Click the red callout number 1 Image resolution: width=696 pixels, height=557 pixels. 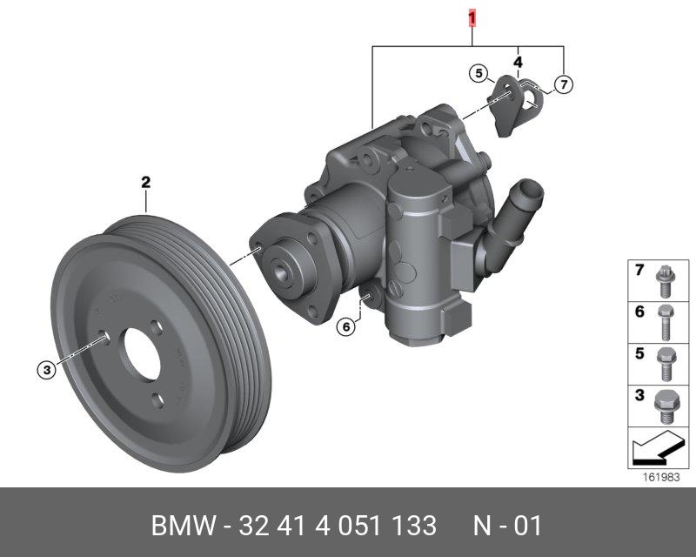472,18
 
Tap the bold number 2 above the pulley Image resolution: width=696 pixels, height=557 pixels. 145,182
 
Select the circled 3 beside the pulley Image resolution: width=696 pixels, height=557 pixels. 47,369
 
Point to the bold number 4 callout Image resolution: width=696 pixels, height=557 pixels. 518,62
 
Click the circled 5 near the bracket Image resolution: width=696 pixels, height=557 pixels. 478,73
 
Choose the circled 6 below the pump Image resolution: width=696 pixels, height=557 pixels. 345,327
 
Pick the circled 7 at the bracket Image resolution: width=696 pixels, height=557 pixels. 563,84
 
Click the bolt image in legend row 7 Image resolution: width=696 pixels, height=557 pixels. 665,281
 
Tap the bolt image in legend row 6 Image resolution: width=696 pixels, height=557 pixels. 665,323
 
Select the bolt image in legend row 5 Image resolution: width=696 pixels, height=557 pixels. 666,365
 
